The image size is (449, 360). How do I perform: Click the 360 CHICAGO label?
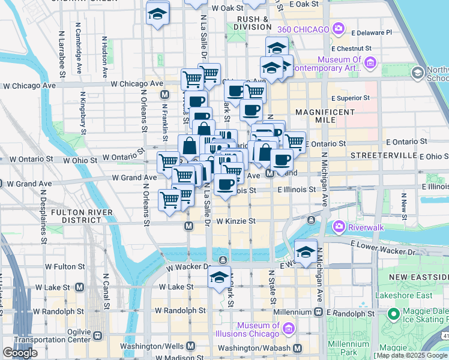[x=303, y=29]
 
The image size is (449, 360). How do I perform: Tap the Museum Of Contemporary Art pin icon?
[x=370, y=62]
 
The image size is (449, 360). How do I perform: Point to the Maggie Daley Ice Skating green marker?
[x=394, y=314]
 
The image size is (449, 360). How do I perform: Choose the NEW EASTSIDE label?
[x=418, y=276]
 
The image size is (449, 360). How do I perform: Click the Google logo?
[x=20, y=352]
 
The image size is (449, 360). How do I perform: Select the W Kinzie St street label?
[x=236, y=221]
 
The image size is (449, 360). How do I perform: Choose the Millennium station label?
[x=290, y=313]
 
